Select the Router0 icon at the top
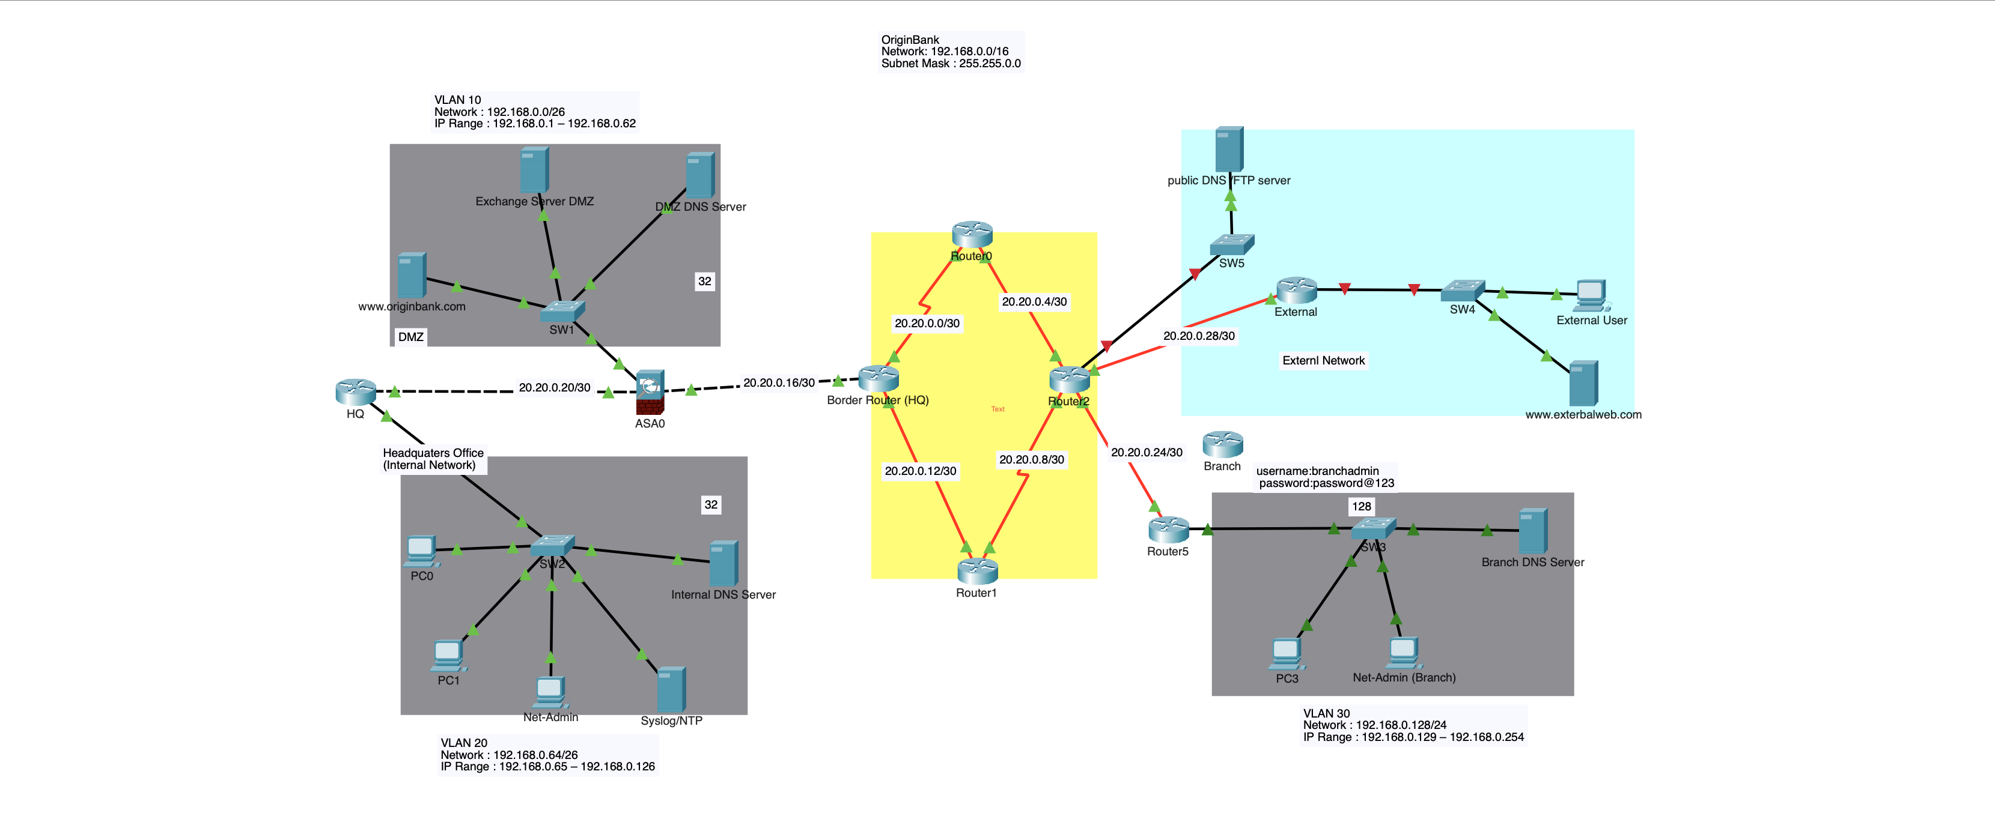972,234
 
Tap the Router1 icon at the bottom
977,571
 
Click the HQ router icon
356,391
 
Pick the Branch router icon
1223,444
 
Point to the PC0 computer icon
421,551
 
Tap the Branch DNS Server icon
1533,531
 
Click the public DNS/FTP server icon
1229,149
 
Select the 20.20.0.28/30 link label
1199,336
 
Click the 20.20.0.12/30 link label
920,471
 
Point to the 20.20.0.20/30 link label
555,387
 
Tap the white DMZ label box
410,337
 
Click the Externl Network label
1324,361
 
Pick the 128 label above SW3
1362,506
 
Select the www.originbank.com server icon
411,275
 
